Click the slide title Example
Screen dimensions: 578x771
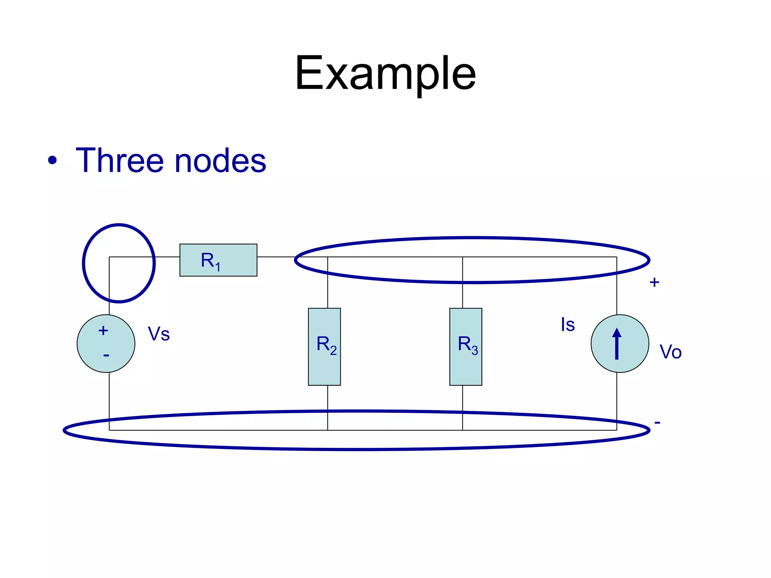point(385,73)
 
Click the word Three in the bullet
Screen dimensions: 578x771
point(120,161)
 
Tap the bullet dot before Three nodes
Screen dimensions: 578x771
point(52,160)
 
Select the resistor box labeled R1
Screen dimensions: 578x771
point(218,260)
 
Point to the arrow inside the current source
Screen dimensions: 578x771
point(617,343)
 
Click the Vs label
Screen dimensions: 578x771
point(159,334)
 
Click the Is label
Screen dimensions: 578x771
point(568,324)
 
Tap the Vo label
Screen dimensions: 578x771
point(670,352)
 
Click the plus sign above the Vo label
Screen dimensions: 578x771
point(654,282)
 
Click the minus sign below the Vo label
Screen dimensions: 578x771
point(657,423)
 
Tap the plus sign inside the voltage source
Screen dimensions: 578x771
point(103,331)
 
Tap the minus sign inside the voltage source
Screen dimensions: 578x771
point(106,355)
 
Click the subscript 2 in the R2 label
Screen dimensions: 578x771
point(334,351)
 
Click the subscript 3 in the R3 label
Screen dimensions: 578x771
point(475,351)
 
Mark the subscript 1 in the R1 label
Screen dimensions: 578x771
point(218,267)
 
